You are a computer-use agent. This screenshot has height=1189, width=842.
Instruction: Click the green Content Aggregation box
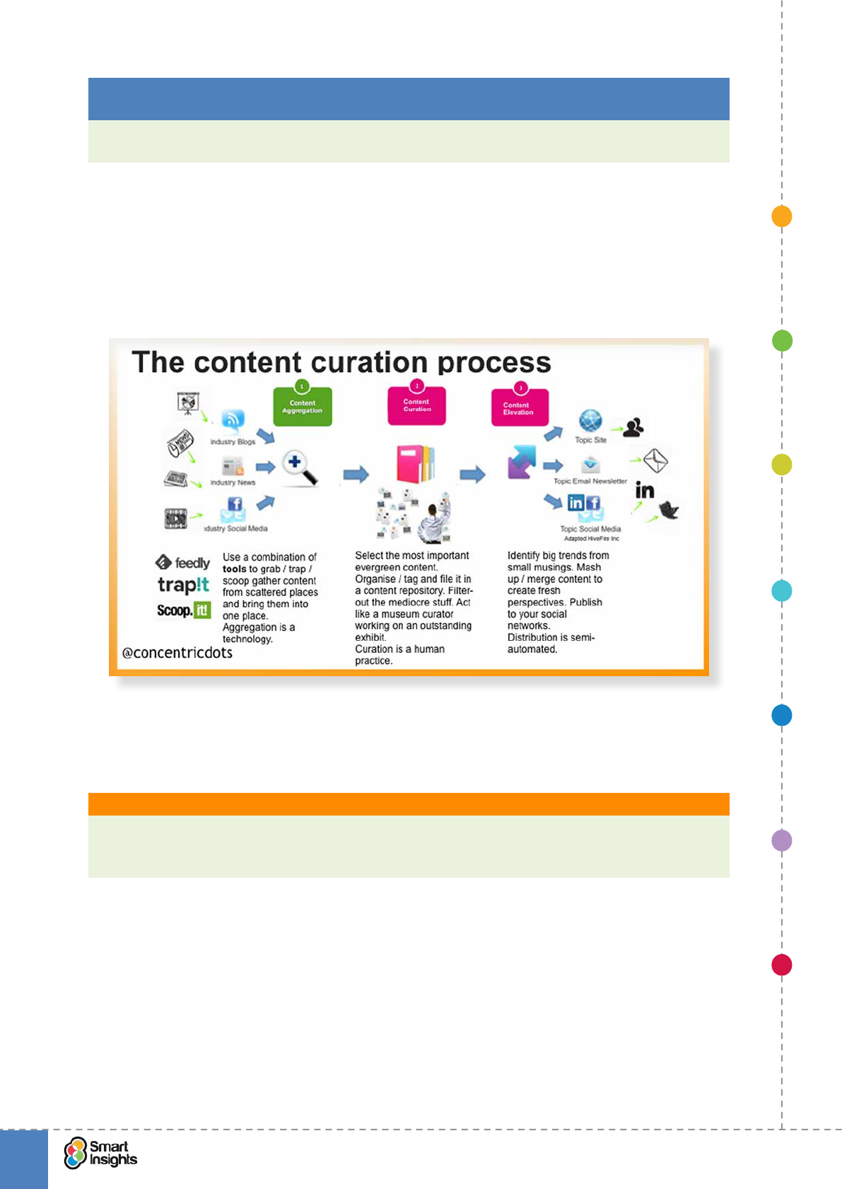tap(303, 407)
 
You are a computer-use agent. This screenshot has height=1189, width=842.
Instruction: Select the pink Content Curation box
tap(416, 406)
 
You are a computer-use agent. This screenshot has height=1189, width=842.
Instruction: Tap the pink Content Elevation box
tap(520, 408)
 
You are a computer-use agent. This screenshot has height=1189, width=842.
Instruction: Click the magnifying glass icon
tap(299, 468)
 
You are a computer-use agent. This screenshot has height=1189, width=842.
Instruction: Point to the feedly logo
tap(183, 563)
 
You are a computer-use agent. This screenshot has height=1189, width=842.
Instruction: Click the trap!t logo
tap(183, 585)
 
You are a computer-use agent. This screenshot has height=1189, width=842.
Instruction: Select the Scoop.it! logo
tap(183, 610)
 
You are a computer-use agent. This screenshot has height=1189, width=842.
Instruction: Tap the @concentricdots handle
tap(177, 653)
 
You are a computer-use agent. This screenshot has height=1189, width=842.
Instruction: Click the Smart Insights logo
tap(100, 1153)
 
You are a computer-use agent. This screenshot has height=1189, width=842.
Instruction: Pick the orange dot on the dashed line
tap(781, 216)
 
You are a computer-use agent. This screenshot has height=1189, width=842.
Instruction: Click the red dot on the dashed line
tap(781, 965)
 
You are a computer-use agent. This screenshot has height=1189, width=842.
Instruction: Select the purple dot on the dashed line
tap(781, 840)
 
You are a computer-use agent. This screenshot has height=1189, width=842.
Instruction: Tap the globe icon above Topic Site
tap(590, 421)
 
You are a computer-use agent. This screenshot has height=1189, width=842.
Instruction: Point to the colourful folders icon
tap(416, 464)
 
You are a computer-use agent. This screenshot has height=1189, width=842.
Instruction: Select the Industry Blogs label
tap(233, 442)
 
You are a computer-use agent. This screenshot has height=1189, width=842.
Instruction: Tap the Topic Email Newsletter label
tap(590, 481)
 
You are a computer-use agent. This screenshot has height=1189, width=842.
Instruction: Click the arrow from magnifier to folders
tap(356, 474)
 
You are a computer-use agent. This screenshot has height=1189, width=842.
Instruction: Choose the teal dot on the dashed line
tap(781, 591)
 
